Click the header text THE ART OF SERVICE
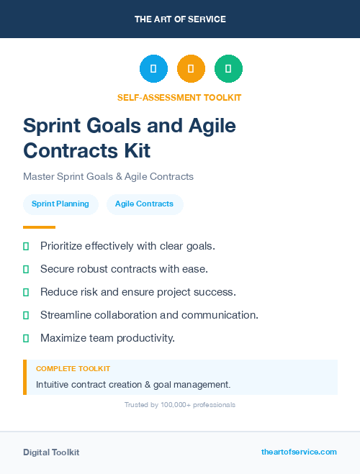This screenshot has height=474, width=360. click(180, 19)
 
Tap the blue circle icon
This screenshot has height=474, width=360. click(153, 69)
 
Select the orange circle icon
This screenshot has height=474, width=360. click(191, 69)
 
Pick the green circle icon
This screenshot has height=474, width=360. click(228, 69)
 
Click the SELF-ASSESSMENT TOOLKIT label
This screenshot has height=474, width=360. click(179, 97)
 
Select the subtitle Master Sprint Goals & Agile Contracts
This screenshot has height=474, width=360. click(108, 176)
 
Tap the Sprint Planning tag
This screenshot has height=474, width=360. click(60, 204)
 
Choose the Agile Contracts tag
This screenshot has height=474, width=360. click(145, 204)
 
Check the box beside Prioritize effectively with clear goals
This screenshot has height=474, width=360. click(26, 246)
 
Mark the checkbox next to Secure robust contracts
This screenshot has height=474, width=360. click(26, 269)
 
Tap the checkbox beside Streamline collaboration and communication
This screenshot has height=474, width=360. click(26, 315)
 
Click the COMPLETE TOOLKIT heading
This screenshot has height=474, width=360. click(73, 369)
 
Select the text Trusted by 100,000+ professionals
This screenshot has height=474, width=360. click(180, 405)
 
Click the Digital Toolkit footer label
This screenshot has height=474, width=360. click(51, 452)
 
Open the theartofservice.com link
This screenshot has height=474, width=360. click(299, 452)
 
